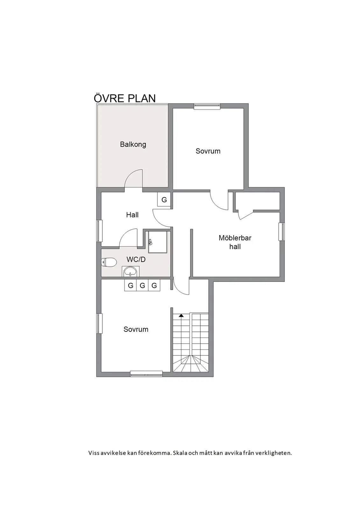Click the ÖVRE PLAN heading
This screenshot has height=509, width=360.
(125, 98)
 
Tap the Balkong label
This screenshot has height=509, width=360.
(133, 144)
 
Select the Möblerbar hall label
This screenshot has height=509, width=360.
(235, 242)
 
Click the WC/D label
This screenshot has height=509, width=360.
(136, 260)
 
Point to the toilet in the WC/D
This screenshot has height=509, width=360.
(109, 262)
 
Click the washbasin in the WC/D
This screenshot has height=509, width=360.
(130, 271)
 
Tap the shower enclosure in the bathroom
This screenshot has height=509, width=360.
(158, 242)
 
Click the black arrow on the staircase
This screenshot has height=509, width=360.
(181, 315)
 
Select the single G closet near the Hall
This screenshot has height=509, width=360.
(164, 199)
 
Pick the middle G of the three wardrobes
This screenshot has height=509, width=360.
(142, 285)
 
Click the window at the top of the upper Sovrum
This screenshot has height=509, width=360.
(207, 106)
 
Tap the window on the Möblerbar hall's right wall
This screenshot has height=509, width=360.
(282, 232)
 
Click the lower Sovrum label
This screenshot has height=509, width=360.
(136, 329)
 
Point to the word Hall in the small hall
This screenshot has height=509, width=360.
(132, 215)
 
